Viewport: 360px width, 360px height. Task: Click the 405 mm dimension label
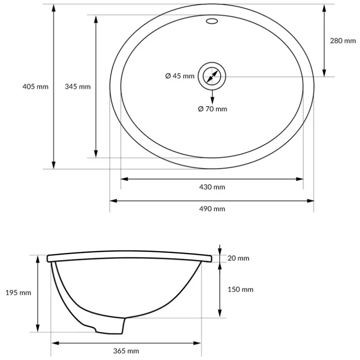click(36, 86)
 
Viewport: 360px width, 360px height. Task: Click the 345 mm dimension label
click(78, 86)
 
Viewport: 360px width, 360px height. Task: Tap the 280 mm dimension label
click(343, 41)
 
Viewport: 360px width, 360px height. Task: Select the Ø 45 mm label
click(180, 76)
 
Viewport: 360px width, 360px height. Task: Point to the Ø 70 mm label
click(212, 108)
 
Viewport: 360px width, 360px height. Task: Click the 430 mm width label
click(212, 187)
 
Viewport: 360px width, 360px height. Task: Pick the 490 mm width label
click(212, 209)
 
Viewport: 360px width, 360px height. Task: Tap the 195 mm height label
click(18, 293)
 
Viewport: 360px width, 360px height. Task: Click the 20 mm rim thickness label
click(238, 258)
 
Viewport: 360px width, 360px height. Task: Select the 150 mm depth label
click(240, 289)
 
